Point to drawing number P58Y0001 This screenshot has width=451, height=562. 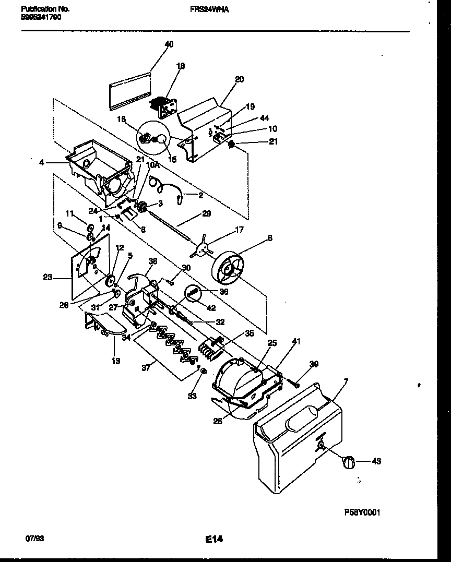(362, 512)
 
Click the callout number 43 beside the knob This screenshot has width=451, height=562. (376, 461)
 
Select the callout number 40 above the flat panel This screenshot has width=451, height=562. (169, 44)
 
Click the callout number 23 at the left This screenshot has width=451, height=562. (48, 278)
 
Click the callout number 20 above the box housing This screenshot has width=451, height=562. (239, 80)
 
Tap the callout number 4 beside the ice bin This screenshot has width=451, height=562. (41, 162)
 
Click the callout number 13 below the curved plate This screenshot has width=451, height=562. (115, 361)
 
